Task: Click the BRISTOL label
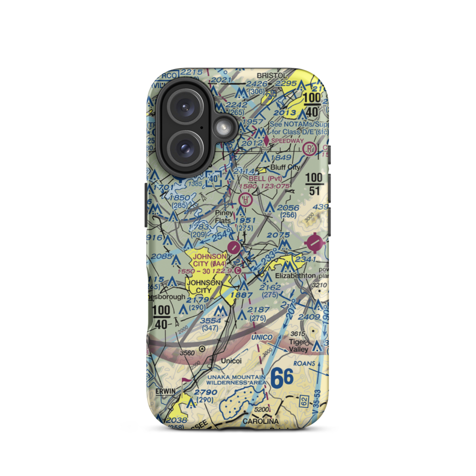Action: coord(272,76)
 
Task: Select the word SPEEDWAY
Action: coord(287,141)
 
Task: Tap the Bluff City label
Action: coord(285,168)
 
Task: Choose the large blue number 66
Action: coord(282,378)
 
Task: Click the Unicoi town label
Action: coord(231,361)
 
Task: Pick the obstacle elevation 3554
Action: coord(210,321)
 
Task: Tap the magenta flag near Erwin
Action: coord(185,381)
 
